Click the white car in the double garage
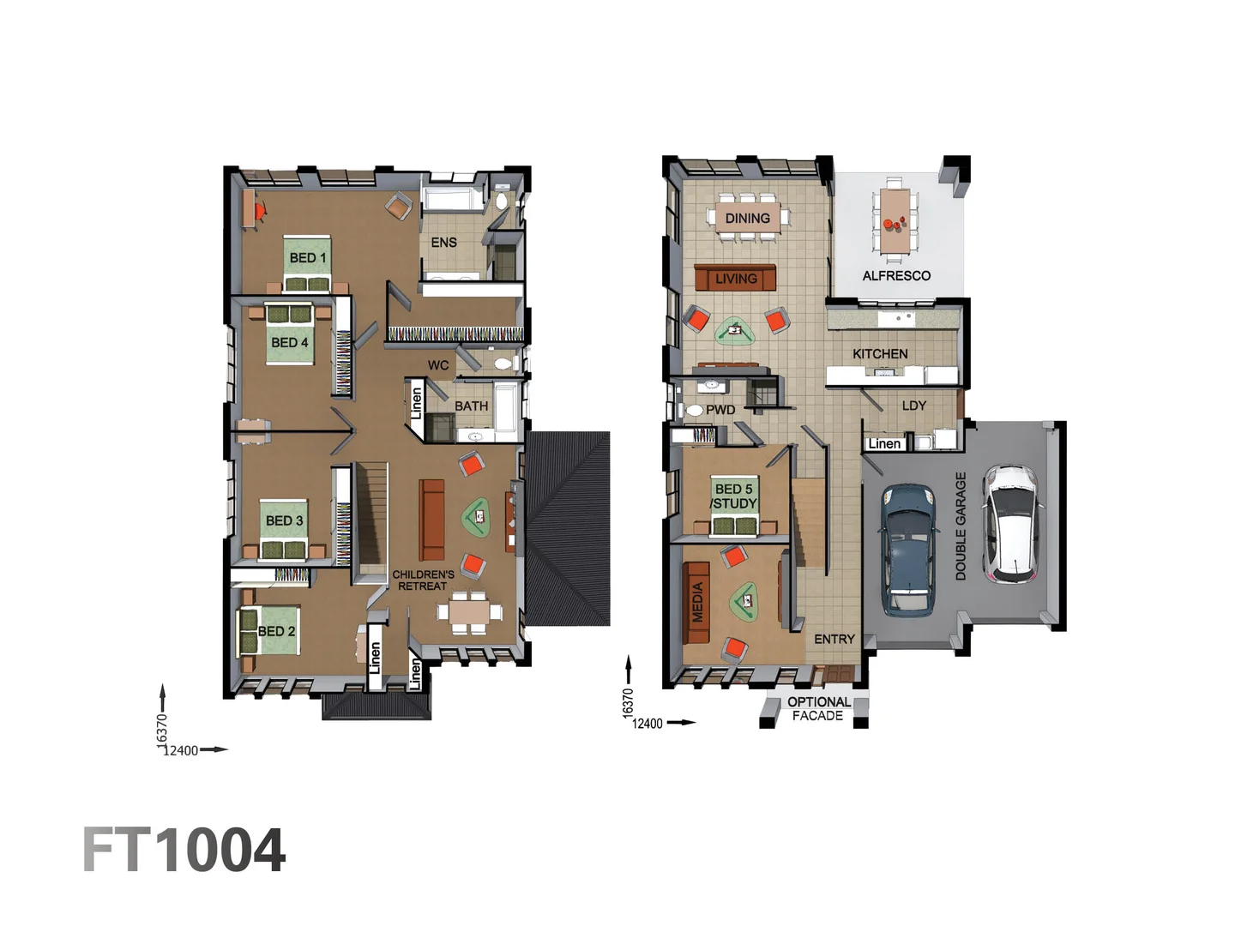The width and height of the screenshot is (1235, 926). (1013, 524)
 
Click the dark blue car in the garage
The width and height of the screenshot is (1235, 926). (907, 550)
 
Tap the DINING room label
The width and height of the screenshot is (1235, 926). (747, 219)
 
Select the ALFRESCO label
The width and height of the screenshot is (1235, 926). (896, 275)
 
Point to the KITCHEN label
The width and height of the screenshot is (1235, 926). (880, 353)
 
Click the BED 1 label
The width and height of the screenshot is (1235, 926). (307, 257)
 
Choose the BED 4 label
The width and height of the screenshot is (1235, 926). (289, 342)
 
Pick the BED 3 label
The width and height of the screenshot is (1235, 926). (284, 520)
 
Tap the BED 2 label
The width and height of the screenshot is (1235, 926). (276, 631)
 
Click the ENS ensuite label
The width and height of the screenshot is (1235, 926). (443, 243)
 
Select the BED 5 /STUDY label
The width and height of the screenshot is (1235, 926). (734, 496)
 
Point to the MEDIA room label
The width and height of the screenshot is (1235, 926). (697, 602)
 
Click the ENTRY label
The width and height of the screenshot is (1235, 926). (834, 639)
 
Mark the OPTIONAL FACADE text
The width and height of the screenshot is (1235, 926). (818, 708)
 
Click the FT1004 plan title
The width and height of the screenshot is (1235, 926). (184, 851)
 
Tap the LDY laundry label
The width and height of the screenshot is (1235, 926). (913, 406)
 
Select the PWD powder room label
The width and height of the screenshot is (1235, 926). (720, 410)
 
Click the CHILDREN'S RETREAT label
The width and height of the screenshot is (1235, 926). (423, 580)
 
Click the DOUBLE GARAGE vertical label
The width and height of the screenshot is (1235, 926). (961, 526)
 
